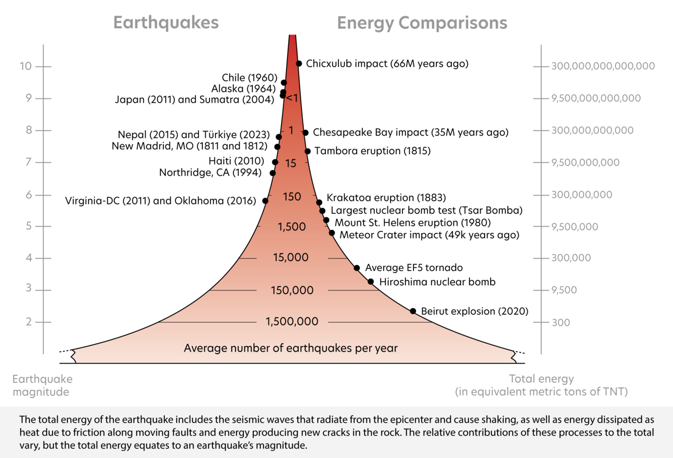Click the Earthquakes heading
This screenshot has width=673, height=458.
point(166,23)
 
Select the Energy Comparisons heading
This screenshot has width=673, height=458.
point(422,23)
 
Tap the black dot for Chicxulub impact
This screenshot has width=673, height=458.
point(299,63)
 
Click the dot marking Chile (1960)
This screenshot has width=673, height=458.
point(284,83)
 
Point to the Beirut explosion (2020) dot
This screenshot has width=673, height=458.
point(413,311)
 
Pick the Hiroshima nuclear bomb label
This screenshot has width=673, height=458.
point(437,282)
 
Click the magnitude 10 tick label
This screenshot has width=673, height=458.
point(26,67)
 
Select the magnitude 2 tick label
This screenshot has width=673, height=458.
point(29,322)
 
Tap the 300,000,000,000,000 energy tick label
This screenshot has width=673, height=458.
point(602,66)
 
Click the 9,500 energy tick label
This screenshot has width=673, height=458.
point(564,290)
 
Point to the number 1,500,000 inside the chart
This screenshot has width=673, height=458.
point(292,321)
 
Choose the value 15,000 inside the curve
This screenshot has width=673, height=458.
point(291,257)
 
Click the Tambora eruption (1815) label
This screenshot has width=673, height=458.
point(372,151)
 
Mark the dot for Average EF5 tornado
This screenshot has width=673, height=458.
point(357,268)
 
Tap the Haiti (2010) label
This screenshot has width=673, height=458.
point(236,161)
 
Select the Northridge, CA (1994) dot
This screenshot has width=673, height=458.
point(273,173)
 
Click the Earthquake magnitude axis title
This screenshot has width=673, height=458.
point(42,385)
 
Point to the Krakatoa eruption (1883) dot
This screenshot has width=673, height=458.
point(319,203)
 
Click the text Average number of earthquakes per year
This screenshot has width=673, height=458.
point(291,348)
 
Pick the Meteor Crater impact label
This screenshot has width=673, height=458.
point(429,235)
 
